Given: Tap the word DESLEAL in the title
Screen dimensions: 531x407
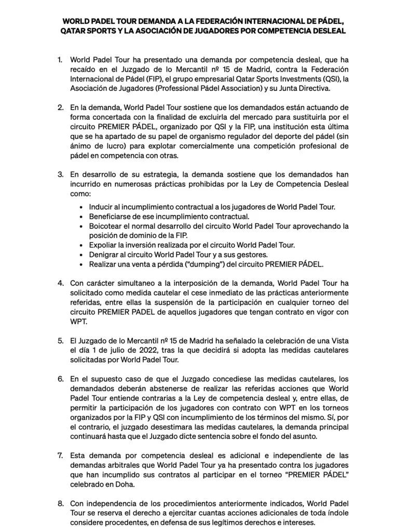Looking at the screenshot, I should (x=324, y=31).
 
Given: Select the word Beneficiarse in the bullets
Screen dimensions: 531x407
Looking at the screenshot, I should (x=112, y=216).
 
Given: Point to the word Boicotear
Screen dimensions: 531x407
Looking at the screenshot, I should (x=108, y=226).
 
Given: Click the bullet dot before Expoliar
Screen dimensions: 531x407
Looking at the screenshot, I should (x=83, y=245).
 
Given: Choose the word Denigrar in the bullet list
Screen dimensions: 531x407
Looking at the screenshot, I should (x=106, y=255).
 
